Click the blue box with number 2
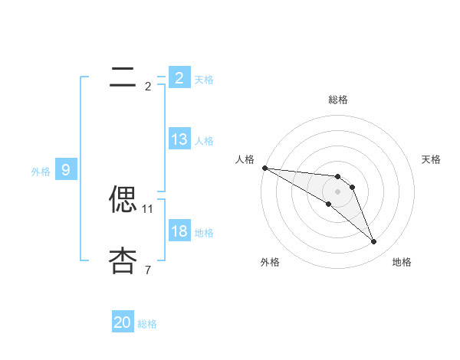click(179, 77)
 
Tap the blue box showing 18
click(179, 231)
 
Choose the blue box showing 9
click(66, 170)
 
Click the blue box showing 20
click(123, 322)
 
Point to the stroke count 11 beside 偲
click(148, 208)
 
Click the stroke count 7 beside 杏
click(148, 270)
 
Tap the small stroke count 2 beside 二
click(148, 86)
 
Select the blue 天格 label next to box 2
click(204, 79)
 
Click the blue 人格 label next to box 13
click(204, 140)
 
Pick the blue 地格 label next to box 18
click(204, 232)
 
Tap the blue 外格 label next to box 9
click(41, 172)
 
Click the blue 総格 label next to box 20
click(147, 324)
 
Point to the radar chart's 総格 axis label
click(338, 100)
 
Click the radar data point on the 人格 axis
click(264, 168)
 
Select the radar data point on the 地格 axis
click(373, 242)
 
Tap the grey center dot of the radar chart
click(338, 191)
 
